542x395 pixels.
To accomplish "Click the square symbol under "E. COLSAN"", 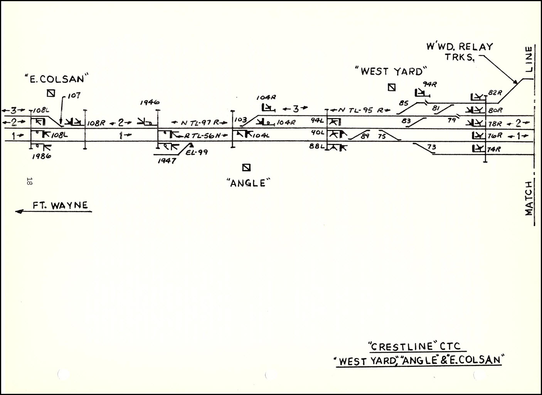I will pyautogui.click(x=50, y=93).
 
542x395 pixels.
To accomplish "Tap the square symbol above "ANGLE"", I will pyautogui.click(x=246, y=167).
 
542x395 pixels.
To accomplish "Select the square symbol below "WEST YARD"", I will pyautogui.click(x=392, y=87).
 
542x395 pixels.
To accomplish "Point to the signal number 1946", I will pyautogui.click(x=150, y=103).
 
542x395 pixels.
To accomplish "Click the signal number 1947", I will pyautogui.click(x=167, y=160).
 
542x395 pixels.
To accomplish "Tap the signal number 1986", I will pyautogui.click(x=41, y=156).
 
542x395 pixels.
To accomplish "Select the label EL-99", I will pyautogui.click(x=197, y=152).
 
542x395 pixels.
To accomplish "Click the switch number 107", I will pyautogui.click(x=73, y=95).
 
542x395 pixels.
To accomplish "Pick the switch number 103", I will pyautogui.click(x=240, y=120).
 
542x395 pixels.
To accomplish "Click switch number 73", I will pyautogui.click(x=431, y=147).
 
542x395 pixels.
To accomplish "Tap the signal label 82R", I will pyautogui.click(x=495, y=92).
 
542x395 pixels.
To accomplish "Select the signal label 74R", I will pyautogui.click(x=494, y=149).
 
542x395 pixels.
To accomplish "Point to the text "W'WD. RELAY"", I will pyautogui.click(x=459, y=47).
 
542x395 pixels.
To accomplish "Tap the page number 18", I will pyautogui.click(x=29, y=181).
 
